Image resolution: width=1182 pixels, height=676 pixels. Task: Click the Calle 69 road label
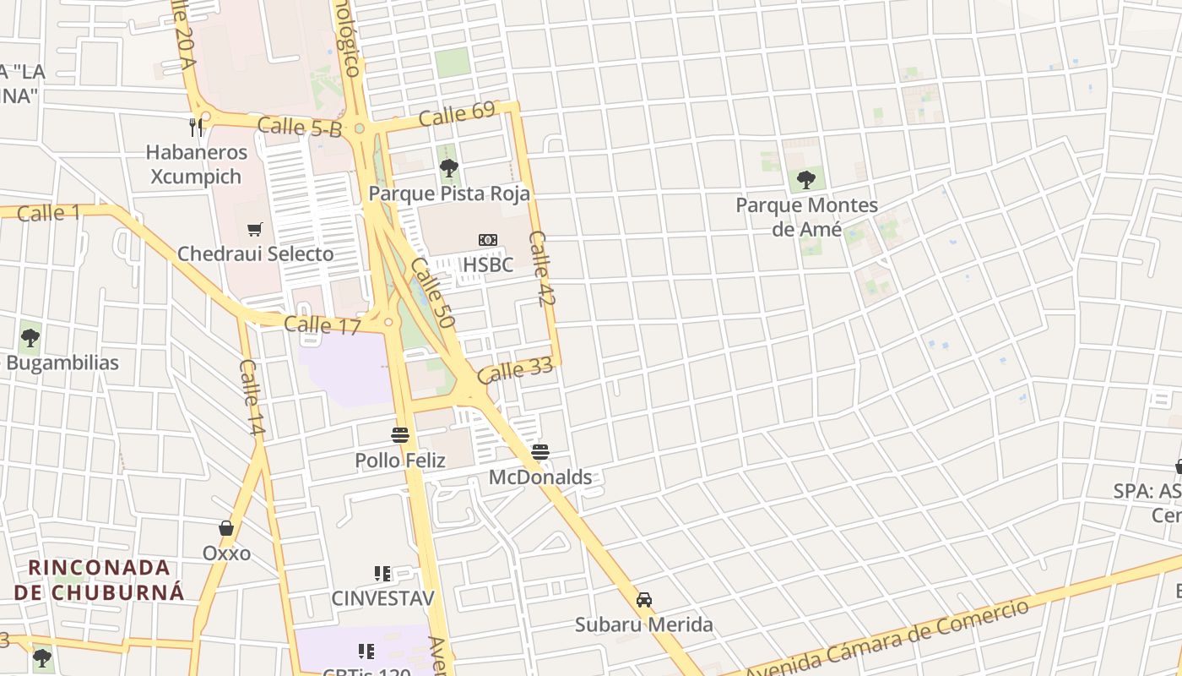(x=457, y=114)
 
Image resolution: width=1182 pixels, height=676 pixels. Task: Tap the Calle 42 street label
(x=542, y=269)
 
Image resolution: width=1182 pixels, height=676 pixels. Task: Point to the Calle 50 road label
(x=433, y=293)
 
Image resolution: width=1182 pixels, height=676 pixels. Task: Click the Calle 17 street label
(x=322, y=324)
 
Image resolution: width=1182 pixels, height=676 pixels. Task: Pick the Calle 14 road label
(x=252, y=398)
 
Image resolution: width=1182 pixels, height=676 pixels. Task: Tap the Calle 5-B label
(x=300, y=128)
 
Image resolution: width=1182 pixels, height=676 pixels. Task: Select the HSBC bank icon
(x=487, y=240)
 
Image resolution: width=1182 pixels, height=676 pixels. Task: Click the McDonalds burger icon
(x=540, y=452)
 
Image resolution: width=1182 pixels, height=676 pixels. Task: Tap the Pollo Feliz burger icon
(x=400, y=435)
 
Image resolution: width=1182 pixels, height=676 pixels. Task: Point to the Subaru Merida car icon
(x=644, y=599)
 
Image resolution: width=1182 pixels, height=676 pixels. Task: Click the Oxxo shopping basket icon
(x=226, y=528)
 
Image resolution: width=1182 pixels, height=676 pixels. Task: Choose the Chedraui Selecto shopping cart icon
(x=255, y=229)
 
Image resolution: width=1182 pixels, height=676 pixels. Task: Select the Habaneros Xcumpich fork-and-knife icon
(x=197, y=128)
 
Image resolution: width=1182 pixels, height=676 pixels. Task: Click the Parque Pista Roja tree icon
(x=449, y=168)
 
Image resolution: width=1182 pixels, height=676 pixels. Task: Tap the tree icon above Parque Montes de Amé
(x=806, y=179)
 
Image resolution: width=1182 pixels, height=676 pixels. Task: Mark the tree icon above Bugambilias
(x=30, y=338)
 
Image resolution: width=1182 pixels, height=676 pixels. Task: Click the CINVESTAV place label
(x=382, y=598)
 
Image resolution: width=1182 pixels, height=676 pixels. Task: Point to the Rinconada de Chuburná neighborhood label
(x=99, y=579)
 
